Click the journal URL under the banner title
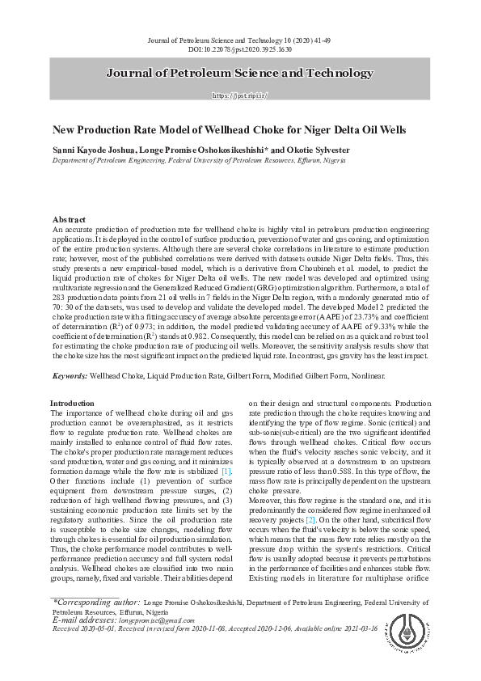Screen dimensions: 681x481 click(240, 95)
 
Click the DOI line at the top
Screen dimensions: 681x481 click(240, 49)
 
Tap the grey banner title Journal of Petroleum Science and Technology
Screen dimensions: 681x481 click(240, 74)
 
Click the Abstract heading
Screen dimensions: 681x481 click(70, 220)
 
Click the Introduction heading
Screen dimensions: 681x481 click(72, 403)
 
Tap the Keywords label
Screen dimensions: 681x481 click(70, 376)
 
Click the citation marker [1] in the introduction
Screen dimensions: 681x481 click(226, 471)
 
